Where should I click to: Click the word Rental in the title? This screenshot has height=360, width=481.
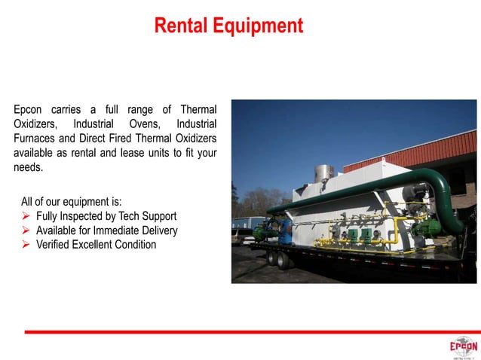coord(179,26)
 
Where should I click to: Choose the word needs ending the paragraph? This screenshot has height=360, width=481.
coord(28,167)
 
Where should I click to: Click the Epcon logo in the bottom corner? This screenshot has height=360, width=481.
coord(463,347)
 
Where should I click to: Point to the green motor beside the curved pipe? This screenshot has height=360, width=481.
coord(435,224)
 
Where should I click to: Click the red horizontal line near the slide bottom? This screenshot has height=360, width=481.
coord(249,331)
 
